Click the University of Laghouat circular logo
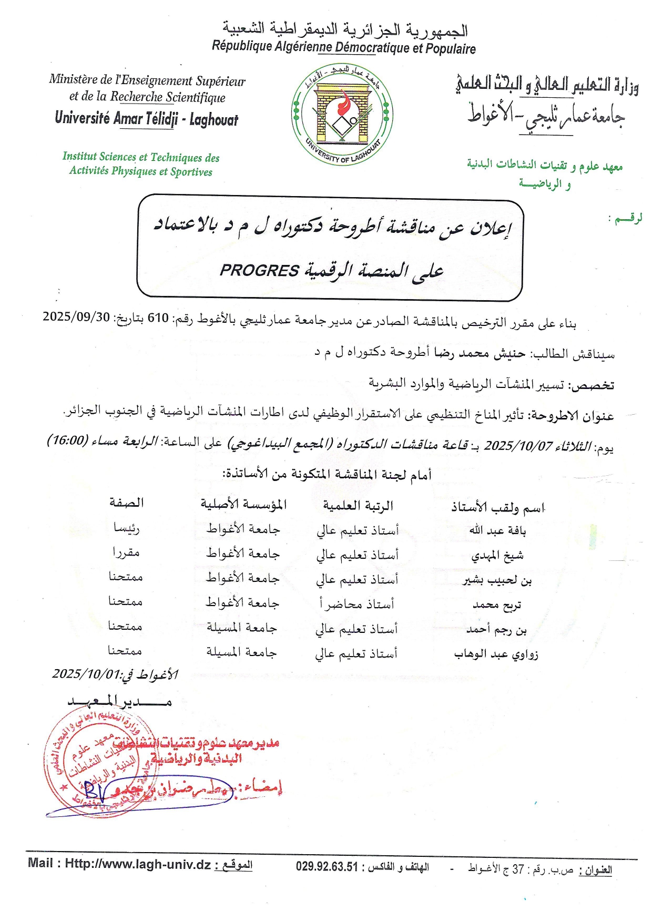click(342, 114)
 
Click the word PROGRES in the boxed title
click(259, 270)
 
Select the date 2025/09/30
click(76, 317)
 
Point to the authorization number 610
click(158, 318)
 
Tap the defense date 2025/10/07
click(518, 446)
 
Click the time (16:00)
click(67, 440)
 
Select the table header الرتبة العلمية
click(358, 506)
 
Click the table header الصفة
click(126, 503)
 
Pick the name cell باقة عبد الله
click(497, 530)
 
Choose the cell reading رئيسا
click(127, 528)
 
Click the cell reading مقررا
click(126, 552)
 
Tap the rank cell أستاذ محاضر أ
click(357, 604)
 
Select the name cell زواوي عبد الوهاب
click(496, 654)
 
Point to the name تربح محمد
click(497, 606)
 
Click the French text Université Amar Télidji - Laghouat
click(146, 119)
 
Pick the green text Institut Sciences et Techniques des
click(141, 157)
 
